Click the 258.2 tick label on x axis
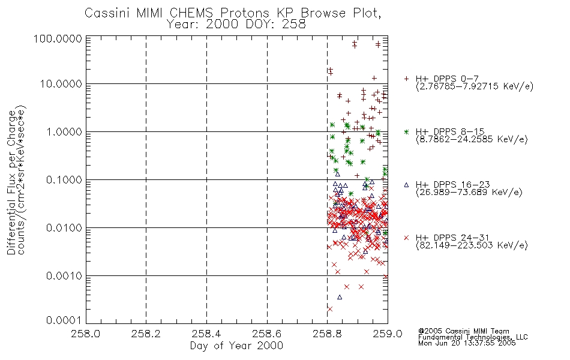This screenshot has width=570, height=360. pyautogui.click(x=146, y=334)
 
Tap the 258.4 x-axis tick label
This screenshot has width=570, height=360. pyautogui.click(x=206, y=334)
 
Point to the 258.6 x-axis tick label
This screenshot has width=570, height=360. pyautogui.click(x=267, y=334)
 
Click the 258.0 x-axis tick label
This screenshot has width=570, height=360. pyautogui.click(x=86, y=334)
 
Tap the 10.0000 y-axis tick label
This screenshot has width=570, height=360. pyautogui.click(x=62, y=84)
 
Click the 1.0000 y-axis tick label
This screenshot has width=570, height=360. pyautogui.click(x=65, y=132)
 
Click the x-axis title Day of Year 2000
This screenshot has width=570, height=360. pyautogui.click(x=236, y=346)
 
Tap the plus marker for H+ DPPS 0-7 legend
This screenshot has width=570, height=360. pyautogui.click(x=406, y=79)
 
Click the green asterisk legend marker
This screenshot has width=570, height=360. pyautogui.click(x=406, y=131)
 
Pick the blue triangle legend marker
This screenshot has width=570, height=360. pyautogui.click(x=406, y=185)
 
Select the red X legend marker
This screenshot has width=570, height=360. pyautogui.click(x=406, y=238)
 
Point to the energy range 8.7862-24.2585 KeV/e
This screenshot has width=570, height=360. pyautogui.click(x=472, y=140)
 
